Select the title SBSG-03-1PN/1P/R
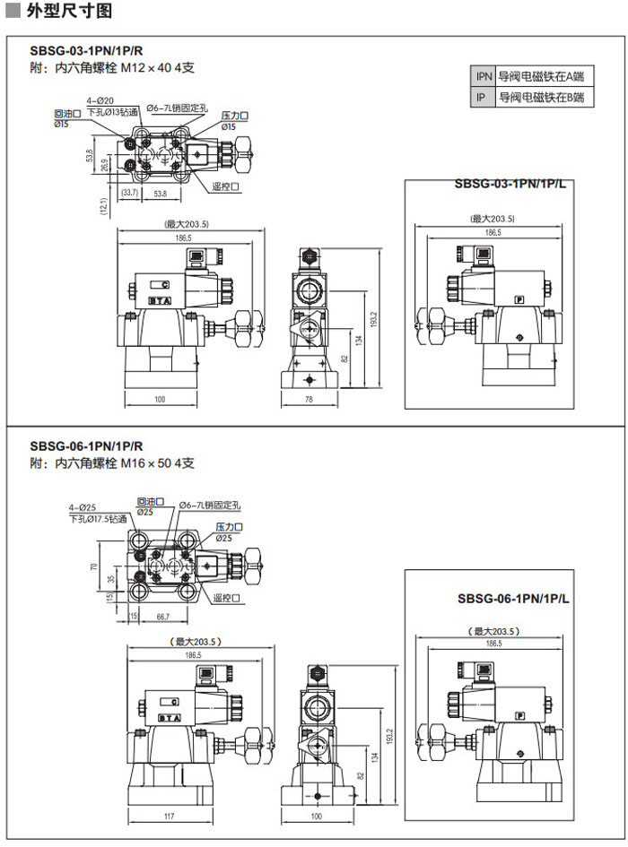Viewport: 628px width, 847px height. [86, 51]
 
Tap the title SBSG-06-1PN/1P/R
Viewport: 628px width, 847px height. [86, 446]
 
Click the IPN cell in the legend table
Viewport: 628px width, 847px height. [484, 78]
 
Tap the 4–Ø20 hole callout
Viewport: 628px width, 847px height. [100, 101]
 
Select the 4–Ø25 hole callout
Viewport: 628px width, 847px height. [83, 508]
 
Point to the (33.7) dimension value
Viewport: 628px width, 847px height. [129, 194]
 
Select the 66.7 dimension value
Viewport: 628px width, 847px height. [162, 618]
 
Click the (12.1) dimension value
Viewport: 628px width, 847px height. [104, 205]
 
